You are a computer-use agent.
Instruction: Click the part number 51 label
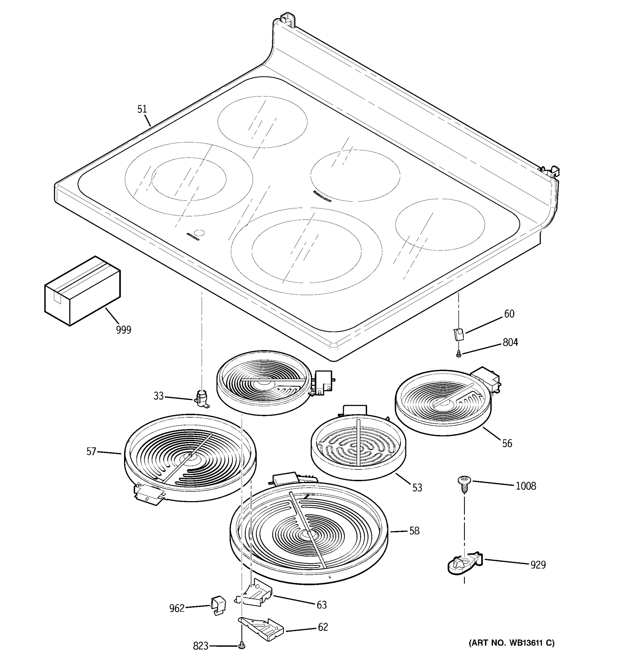(x=142, y=109)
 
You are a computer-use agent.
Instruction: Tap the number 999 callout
(x=124, y=330)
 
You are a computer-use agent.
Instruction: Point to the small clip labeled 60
(x=459, y=334)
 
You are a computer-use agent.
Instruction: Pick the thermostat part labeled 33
(x=202, y=398)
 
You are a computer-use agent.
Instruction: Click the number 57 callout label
(x=91, y=452)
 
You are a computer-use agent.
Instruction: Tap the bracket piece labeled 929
(x=465, y=565)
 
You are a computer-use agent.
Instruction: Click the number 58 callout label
(x=415, y=531)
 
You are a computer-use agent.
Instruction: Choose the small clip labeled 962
(x=218, y=605)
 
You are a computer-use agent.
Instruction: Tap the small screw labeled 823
(x=242, y=646)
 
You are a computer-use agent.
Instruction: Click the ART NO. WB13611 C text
(x=511, y=643)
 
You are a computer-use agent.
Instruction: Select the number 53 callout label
(x=417, y=488)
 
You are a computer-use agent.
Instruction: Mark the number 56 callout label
(x=507, y=443)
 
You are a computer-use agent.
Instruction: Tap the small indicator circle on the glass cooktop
(x=200, y=232)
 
